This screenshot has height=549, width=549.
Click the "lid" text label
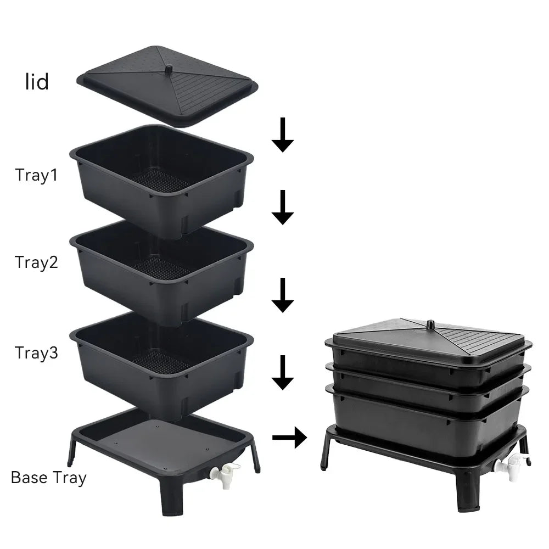pyautogui.click(x=37, y=82)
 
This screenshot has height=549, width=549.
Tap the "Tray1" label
pyautogui.click(x=36, y=175)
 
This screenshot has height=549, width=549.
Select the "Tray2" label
pyautogui.click(x=36, y=262)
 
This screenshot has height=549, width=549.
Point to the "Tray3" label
pyautogui.click(x=36, y=352)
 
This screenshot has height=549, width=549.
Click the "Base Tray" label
pyautogui.click(x=48, y=477)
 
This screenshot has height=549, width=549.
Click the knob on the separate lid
pyautogui.click(x=169, y=69)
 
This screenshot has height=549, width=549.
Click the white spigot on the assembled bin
pyautogui.click(x=508, y=466)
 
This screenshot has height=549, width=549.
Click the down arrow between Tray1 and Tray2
pyautogui.click(x=283, y=208)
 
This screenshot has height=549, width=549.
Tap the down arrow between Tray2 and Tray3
pyautogui.click(x=283, y=295)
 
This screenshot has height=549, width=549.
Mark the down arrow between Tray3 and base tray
pyautogui.click(x=283, y=372)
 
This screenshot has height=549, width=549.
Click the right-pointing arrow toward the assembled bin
pyautogui.click(x=289, y=438)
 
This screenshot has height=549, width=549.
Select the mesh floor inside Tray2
pyautogui.click(x=159, y=267)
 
